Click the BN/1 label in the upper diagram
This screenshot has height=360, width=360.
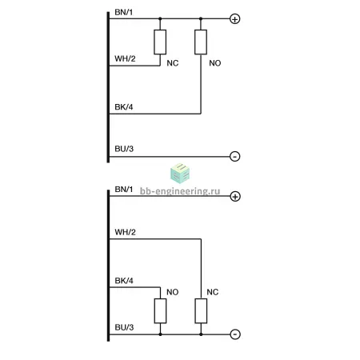point(123,12)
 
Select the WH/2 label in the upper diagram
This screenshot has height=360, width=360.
point(125,58)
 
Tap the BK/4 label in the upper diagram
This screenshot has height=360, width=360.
point(124,107)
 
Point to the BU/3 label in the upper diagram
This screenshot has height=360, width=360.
point(124,149)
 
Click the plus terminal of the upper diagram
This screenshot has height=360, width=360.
point(234,19)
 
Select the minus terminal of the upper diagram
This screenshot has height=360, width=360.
point(234,156)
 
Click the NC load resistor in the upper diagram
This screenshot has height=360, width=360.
point(160,42)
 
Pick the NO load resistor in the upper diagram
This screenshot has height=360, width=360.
point(201,42)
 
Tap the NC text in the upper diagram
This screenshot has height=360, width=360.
point(173,63)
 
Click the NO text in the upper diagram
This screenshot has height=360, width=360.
point(215,63)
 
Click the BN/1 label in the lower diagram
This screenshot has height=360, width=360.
point(124,190)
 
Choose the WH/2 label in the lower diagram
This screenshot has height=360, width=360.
point(125,232)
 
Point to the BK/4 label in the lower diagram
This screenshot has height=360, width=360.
point(124,281)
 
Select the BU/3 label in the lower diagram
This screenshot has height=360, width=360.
point(124,327)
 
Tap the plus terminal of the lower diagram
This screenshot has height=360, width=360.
point(235,197)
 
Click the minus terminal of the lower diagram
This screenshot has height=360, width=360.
point(235,334)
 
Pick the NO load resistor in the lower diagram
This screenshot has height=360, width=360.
point(160,311)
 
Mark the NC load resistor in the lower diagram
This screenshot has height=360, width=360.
point(201,311)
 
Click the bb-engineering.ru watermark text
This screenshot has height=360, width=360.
point(180,191)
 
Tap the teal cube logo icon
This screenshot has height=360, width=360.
point(180,174)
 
